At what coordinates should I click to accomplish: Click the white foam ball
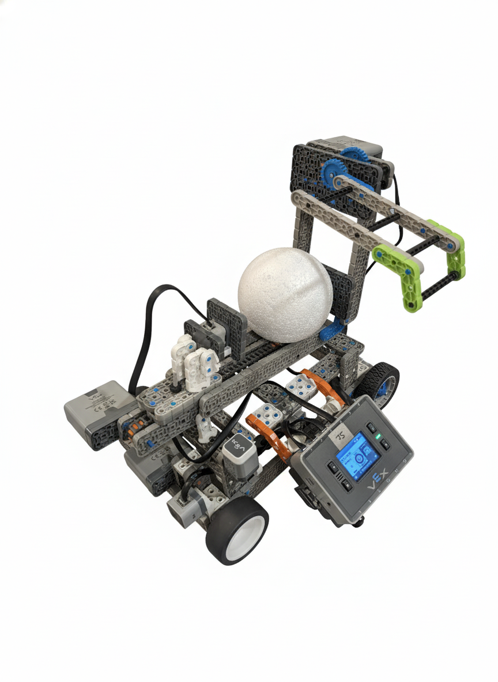(x=285, y=294)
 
